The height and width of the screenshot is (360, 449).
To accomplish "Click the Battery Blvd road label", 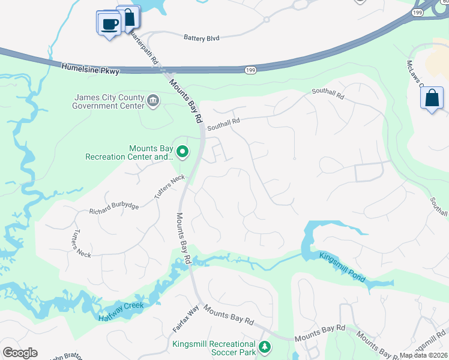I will tap(201, 38).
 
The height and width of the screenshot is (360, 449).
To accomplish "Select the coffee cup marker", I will tap(109, 24).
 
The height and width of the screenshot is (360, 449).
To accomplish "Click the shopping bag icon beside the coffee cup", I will tap(128, 17).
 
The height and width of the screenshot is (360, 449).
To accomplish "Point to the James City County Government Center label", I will tap(109, 102).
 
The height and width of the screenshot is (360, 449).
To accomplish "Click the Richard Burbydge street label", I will tap(114, 209).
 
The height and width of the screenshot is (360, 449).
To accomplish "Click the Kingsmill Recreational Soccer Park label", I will tap(214, 348).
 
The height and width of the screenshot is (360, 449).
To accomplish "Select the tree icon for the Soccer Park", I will tap(264, 347).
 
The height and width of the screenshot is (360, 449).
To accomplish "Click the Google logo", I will tap(20, 353).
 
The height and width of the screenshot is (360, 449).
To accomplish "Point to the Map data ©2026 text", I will tap(423, 355).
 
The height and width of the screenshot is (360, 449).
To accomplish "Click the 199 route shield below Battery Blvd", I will tap(250, 70).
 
